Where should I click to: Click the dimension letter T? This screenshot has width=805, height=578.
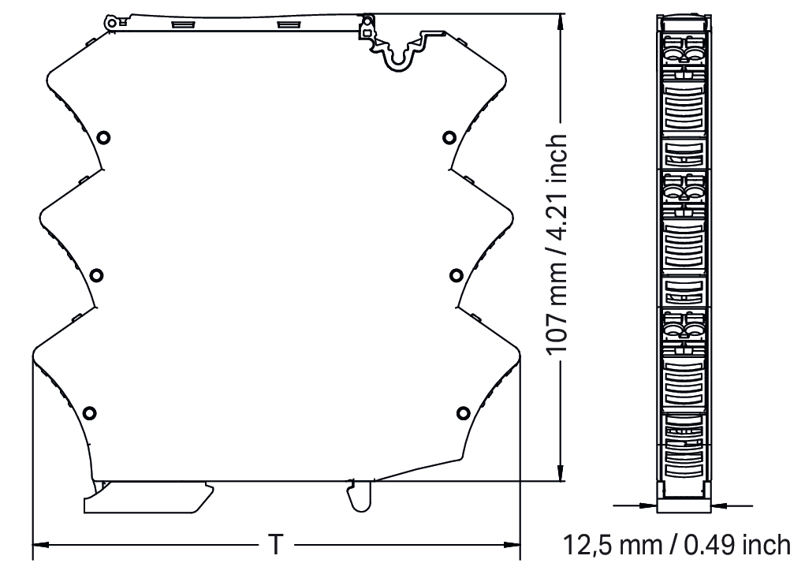pyautogui.click(x=276, y=545)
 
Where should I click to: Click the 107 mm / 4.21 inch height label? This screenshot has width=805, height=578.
pyautogui.click(x=557, y=244)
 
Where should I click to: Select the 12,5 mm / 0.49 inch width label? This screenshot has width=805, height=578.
pyautogui.click(x=676, y=545)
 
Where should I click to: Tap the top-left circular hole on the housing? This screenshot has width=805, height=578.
pyautogui.click(x=104, y=137)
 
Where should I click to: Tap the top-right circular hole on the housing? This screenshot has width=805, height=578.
pyautogui.click(x=449, y=137)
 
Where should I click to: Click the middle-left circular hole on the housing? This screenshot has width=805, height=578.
pyautogui.click(x=96, y=275)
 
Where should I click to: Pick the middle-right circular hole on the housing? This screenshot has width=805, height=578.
pyautogui.click(x=457, y=275)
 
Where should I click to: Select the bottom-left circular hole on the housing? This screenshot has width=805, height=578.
pyautogui.click(x=90, y=412)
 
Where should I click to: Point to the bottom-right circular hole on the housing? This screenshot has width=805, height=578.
pyautogui.click(x=463, y=412)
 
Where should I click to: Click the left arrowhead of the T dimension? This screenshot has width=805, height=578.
pyautogui.click(x=41, y=545)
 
